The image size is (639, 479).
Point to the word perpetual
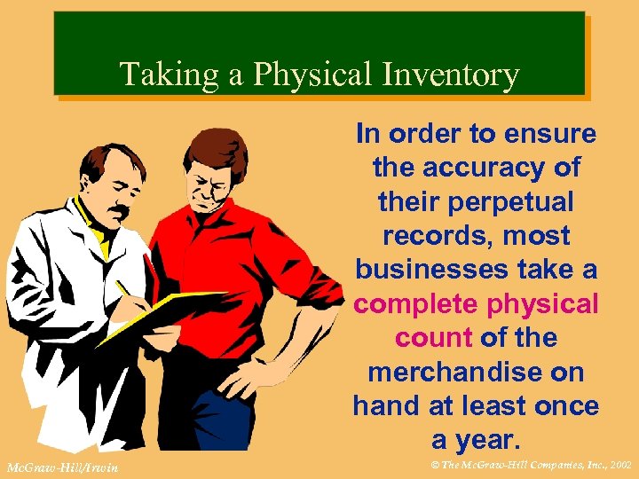[x=515, y=202]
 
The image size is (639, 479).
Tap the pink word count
[x=434, y=338]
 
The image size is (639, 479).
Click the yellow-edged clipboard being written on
[x=177, y=306]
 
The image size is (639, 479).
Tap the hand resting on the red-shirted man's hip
[x=238, y=383]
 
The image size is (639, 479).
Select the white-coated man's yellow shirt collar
[x=89, y=222]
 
